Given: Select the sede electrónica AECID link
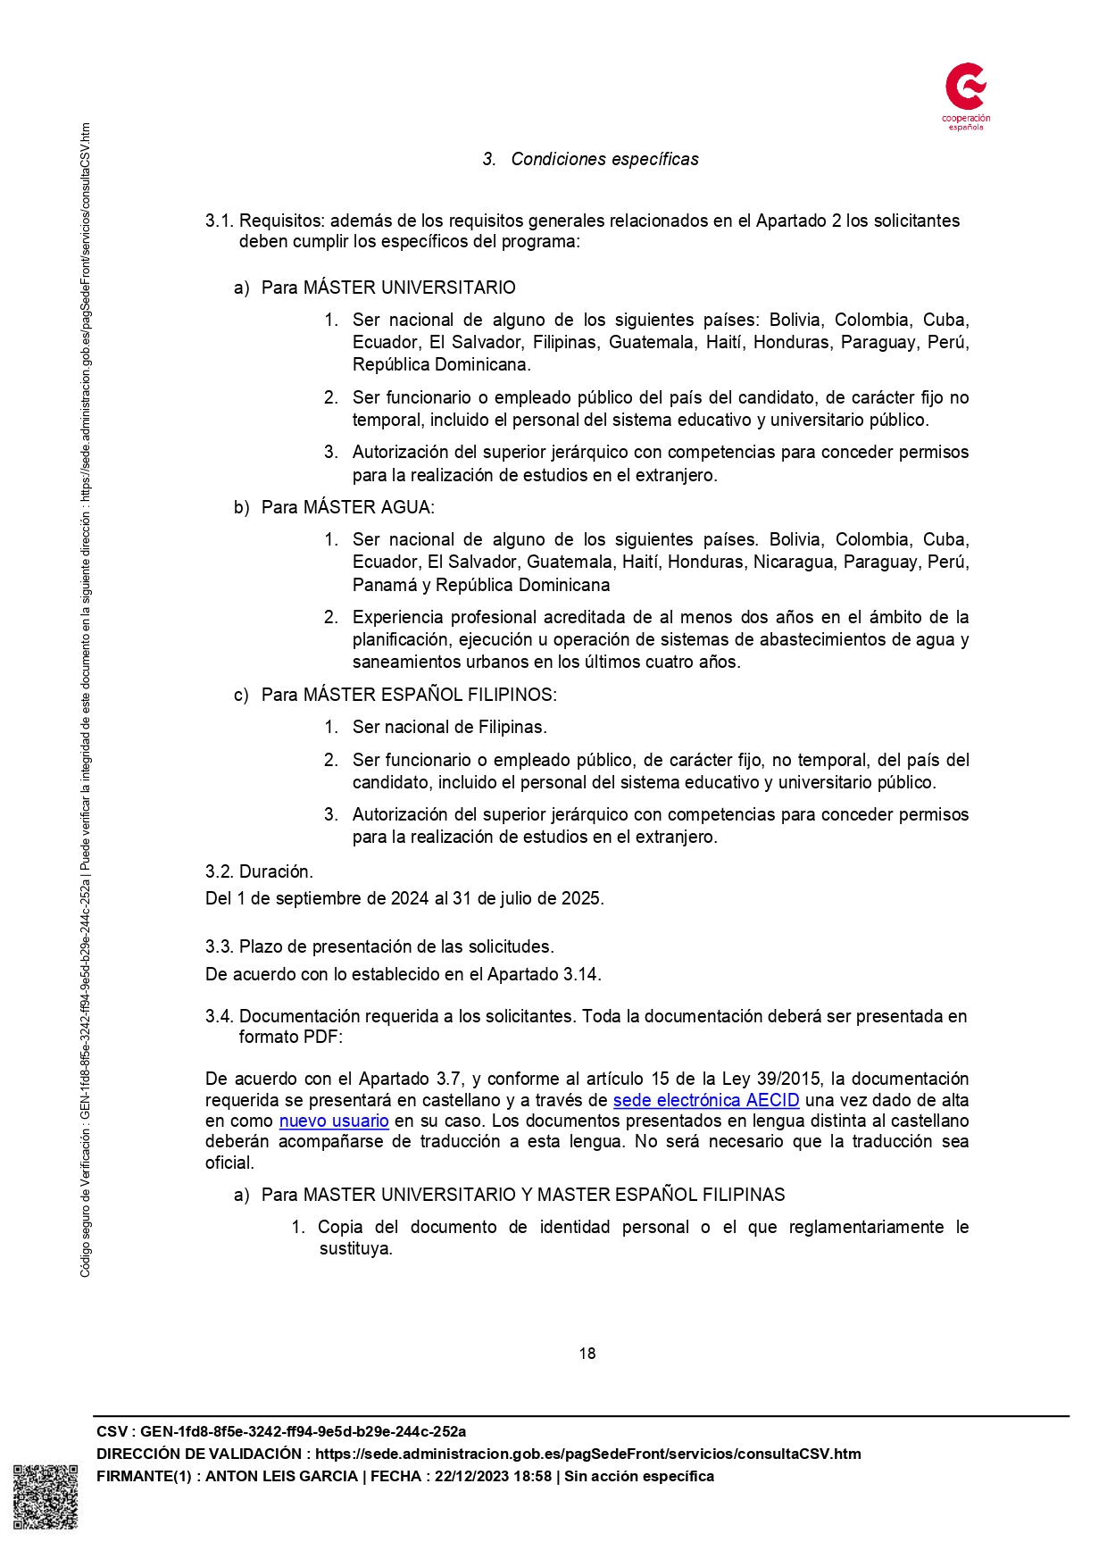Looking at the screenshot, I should (705, 1100).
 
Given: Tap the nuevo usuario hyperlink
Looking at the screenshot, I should (334, 1121).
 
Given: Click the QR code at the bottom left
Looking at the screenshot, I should (46, 1496).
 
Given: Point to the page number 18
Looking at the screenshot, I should (587, 1354).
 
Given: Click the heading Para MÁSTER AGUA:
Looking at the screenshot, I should (347, 507).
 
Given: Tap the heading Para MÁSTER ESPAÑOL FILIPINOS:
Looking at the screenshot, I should (408, 695).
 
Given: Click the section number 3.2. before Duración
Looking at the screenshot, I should (220, 871).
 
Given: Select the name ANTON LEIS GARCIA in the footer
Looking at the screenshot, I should (281, 1476).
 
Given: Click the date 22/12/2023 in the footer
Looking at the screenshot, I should (471, 1476).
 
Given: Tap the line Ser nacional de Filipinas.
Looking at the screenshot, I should (449, 727).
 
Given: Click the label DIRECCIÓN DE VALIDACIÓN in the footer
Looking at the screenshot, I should (199, 1454).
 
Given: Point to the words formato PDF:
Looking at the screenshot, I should (290, 1037).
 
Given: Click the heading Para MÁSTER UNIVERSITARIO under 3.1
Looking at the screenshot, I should (387, 288).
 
